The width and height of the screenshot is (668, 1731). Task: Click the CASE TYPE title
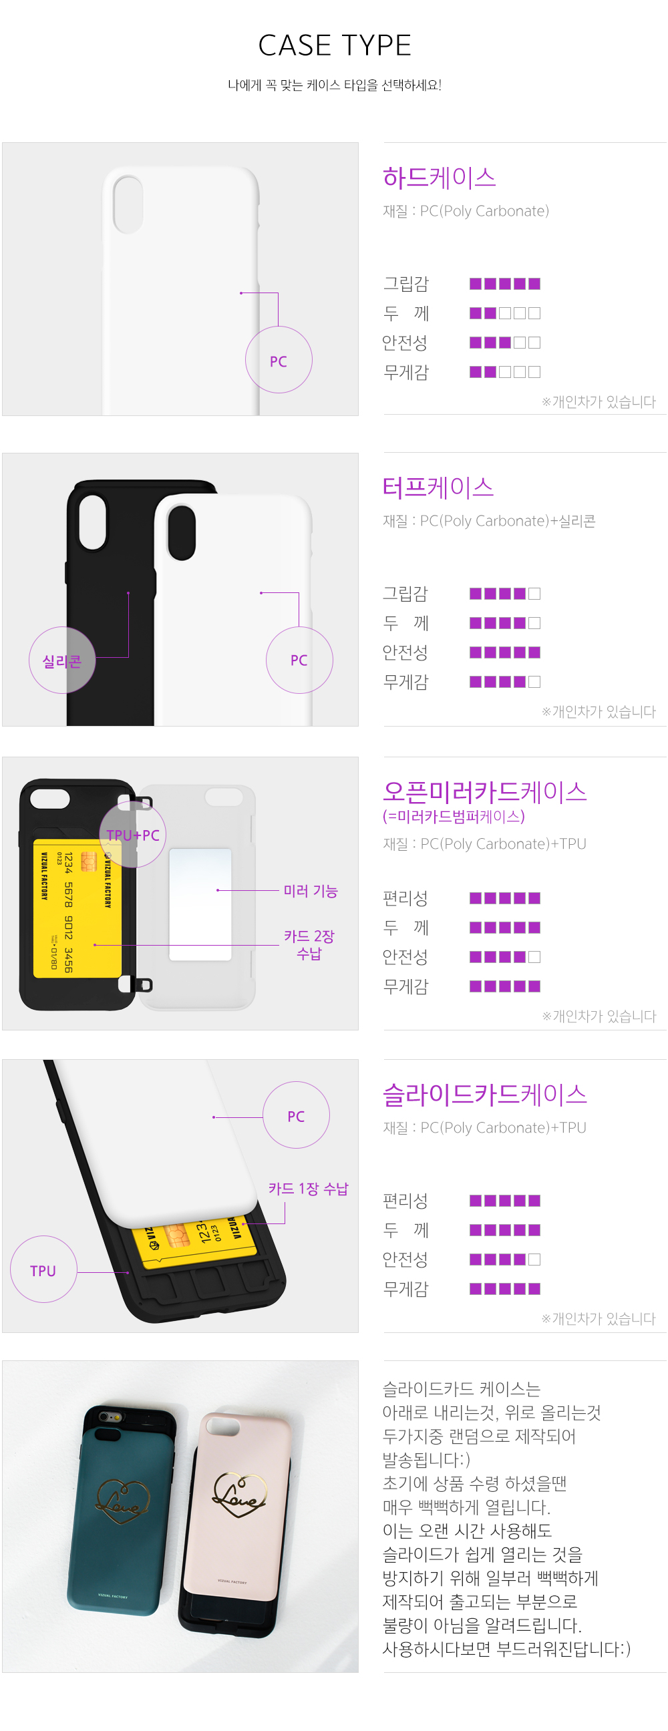334,45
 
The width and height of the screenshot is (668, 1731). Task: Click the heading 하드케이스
439,178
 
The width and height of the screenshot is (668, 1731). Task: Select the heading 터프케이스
438,488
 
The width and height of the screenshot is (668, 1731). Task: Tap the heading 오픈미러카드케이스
484,791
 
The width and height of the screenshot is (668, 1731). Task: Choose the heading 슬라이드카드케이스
484,1095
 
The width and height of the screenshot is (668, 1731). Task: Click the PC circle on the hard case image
278,360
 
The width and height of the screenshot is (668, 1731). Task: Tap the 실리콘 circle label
62,660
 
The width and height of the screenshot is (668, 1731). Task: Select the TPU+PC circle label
132,835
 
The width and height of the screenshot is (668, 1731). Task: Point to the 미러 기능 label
310,891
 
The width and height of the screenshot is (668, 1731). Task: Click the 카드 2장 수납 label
309,945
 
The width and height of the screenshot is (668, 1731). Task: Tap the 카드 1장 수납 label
309,1188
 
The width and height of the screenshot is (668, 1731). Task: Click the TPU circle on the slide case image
43,1270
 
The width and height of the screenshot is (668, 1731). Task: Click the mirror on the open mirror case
200,904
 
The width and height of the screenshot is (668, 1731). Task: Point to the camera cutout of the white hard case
128,204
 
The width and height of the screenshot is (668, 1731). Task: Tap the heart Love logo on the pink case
240,1495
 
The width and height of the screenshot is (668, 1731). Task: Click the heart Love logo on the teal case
124,1501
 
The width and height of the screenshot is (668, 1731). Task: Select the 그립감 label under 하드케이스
405,284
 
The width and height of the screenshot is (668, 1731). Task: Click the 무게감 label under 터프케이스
405,682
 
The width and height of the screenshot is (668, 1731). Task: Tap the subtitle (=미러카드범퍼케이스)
454,817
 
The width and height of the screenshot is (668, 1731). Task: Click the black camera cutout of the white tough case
182,533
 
